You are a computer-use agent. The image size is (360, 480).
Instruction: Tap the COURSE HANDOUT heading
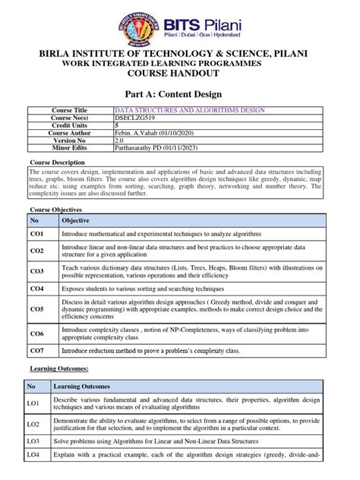(x=180, y=76)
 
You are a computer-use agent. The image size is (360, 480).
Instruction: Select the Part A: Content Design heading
(x=180, y=95)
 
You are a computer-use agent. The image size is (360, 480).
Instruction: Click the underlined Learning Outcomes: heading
(x=59, y=368)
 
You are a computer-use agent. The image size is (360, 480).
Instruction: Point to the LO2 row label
(x=33, y=424)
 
